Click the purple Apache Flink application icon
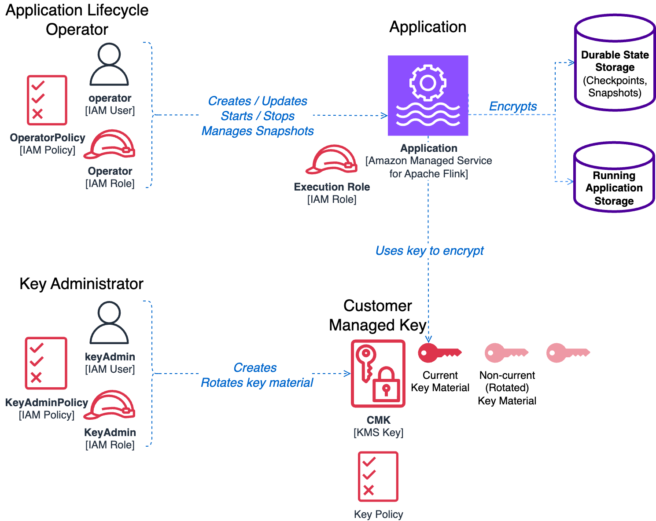(x=428, y=95)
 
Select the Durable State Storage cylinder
(x=615, y=63)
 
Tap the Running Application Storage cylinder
(x=614, y=178)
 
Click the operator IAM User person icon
(x=109, y=64)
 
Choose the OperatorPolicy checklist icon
(x=47, y=100)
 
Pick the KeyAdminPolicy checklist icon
(x=46, y=363)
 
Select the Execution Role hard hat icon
(x=332, y=159)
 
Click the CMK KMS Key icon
(x=378, y=373)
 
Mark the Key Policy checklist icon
(x=378, y=477)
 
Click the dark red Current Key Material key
(x=439, y=353)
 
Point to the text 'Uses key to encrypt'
(x=429, y=251)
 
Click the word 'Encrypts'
(x=513, y=106)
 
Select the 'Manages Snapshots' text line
(x=258, y=131)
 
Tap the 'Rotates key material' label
(x=257, y=383)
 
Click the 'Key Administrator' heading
(x=81, y=284)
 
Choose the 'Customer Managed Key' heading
(x=378, y=316)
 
